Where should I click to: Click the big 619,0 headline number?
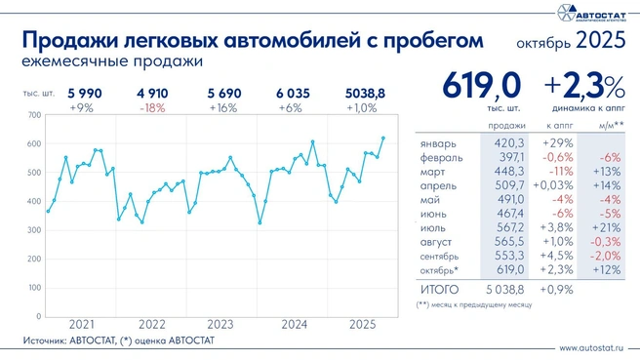coord(482,87)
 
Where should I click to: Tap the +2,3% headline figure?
coord(585,86)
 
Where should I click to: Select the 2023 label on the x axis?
coord(220,324)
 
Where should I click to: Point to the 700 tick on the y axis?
coord(34,115)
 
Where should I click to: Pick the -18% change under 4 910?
coord(152,107)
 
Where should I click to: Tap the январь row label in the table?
coord(436,142)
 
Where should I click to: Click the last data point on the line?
coord(382,139)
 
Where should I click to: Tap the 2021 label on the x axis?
coord(83,324)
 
